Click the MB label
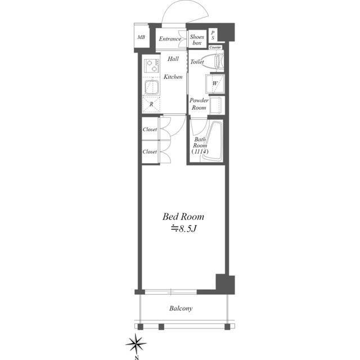(141, 37)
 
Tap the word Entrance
(170, 39)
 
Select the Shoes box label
(197, 40)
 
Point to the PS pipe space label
(213, 35)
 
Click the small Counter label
(215, 47)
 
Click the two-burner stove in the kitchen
(151, 65)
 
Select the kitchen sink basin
(151, 88)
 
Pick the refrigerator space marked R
(151, 105)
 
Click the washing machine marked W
(215, 83)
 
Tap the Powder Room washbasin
(217, 105)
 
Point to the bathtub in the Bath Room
(213, 140)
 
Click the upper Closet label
(150, 129)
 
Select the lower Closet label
(150, 152)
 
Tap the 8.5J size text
(183, 229)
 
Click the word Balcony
(181, 308)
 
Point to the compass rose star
(136, 344)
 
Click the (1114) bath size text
(200, 151)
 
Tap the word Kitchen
(173, 76)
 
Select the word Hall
(173, 58)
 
